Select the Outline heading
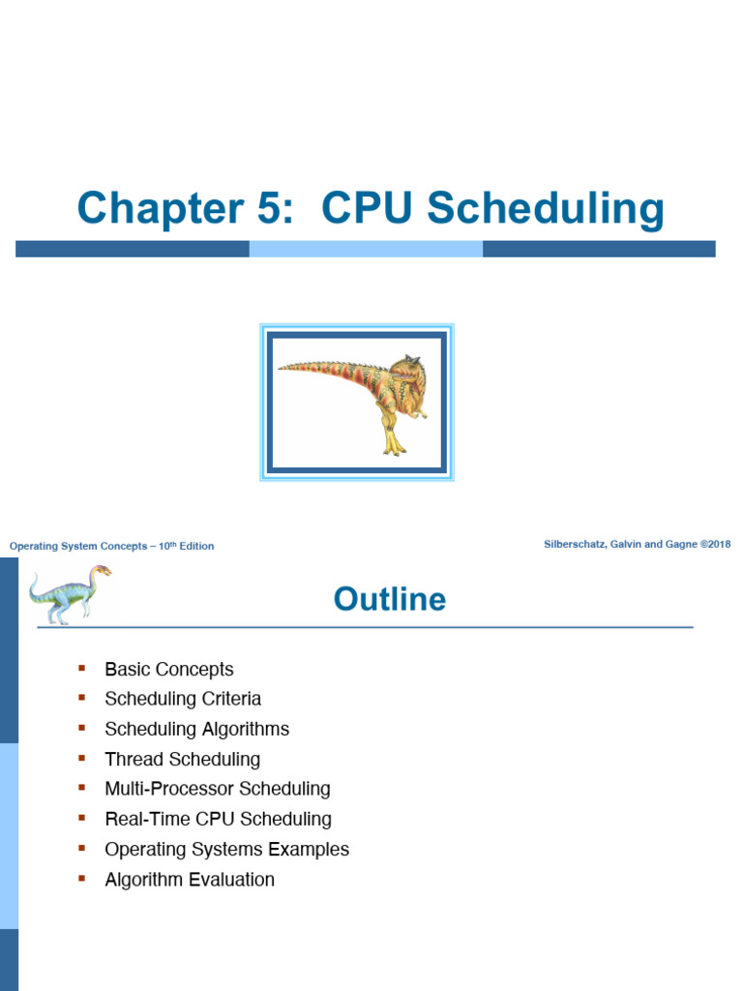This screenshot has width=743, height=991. pyautogui.click(x=390, y=599)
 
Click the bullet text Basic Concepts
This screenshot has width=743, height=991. pyautogui.click(x=169, y=669)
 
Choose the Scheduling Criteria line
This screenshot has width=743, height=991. pyautogui.click(x=183, y=699)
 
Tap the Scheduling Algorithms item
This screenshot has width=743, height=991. pyautogui.click(x=196, y=729)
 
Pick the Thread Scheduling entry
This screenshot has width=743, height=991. pyautogui.click(x=182, y=759)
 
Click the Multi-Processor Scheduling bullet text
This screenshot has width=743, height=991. pyautogui.click(x=218, y=789)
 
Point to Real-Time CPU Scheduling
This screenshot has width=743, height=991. pyautogui.click(x=218, y=819)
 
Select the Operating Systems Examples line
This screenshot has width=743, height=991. pyautogui.click(x=226, y=849)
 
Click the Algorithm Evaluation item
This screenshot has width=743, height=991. pyautogui.click(x=190, y=880)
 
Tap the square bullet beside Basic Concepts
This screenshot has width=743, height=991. pyautogui.click(x=82, y=668)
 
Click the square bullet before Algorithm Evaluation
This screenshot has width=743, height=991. pyautogui.click(x=82, y=878)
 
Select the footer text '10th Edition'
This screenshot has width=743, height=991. pyautogui.click(x=187, y=546)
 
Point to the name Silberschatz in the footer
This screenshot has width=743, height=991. pyautogui.click(x=577, y=544)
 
